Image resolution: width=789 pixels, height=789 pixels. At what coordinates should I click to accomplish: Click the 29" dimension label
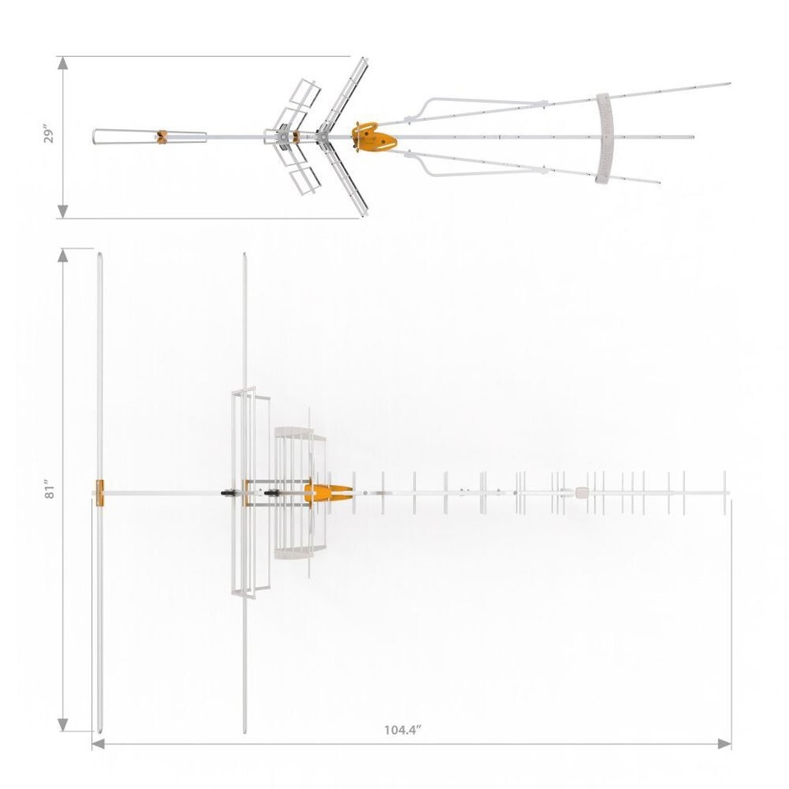[48, 136]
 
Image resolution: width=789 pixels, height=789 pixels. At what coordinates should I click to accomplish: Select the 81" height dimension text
[49, 491]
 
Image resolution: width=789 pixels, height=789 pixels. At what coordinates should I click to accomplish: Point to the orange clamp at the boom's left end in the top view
[99, 492]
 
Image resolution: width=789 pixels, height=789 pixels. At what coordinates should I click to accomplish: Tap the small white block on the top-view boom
[583, 492]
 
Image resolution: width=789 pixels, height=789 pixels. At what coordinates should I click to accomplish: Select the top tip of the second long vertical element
[244, 255]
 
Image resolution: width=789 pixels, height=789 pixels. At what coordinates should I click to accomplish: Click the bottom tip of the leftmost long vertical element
[99, 731]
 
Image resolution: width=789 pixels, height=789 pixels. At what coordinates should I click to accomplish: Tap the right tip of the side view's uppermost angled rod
[728, 83]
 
